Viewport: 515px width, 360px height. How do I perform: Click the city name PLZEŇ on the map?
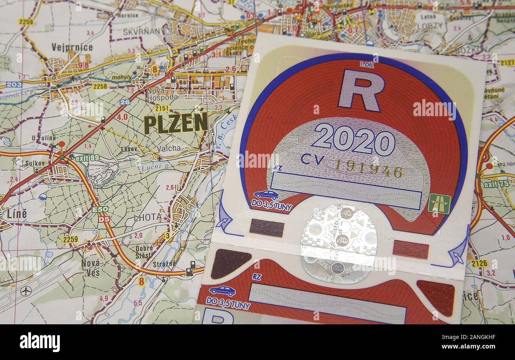click(x=175, y=123)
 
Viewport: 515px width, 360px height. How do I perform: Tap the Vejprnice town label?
click(x=72, y=47)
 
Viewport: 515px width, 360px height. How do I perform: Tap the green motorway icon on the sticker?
click(x=439, y=203)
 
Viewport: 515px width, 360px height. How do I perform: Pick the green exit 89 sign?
click(x=87, y=158)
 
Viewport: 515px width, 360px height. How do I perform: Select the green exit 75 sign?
click(x=496, y=184)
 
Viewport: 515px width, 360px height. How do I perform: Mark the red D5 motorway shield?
click(x=104, y=218)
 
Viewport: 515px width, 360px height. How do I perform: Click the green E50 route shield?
click(x=100, y=209)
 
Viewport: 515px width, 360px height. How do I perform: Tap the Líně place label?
click(x=17, y=214)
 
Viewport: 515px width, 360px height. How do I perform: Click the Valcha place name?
click(x=169, y=148)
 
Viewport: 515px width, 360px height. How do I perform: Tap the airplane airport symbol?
click(x=26, y=291)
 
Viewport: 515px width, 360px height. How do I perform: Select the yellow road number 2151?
click(x=162, y=108)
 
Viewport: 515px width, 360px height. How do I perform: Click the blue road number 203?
click(x=14, y=84)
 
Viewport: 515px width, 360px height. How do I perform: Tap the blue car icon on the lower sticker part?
click(x=222, y=291)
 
